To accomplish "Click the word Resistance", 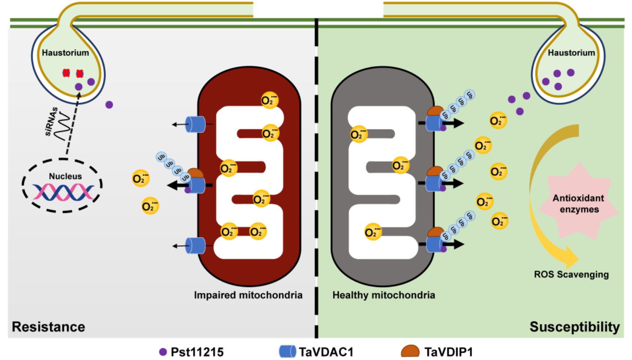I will point(48,327).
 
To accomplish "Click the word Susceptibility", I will point(574,327).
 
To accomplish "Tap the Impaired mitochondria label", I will point(248,295).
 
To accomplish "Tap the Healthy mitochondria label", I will point(384,295).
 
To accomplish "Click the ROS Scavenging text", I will point(571,275).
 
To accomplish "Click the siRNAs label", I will point(51,121).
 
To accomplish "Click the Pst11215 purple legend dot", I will point(163,352).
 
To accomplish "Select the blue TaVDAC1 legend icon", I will point(287,351).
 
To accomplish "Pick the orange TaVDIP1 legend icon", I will point(410,351).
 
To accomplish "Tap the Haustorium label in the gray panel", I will point(65,53).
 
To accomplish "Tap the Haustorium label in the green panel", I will point(571,53).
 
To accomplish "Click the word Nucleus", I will point(65,176).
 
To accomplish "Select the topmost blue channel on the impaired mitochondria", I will point(195,124).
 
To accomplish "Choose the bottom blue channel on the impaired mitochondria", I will point(195,246).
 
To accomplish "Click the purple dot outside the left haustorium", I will point(109,105).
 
